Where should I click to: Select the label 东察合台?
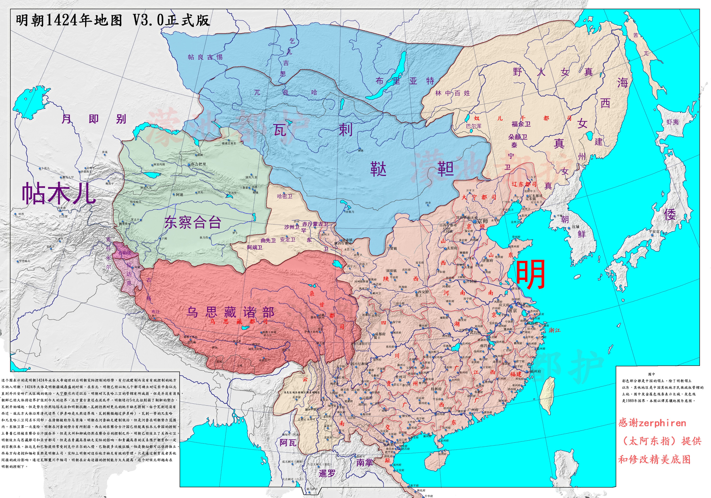193,222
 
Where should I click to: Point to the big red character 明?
530,274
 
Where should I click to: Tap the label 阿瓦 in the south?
288,443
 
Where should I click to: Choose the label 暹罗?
327,473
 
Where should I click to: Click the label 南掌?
365,463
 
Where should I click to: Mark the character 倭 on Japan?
670,214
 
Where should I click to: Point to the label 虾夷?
673,122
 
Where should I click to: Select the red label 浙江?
555,330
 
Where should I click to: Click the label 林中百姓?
452,93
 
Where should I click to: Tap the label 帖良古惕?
205,57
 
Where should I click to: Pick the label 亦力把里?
198,164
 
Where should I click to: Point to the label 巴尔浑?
474,126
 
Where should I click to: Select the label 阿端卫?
255,247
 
